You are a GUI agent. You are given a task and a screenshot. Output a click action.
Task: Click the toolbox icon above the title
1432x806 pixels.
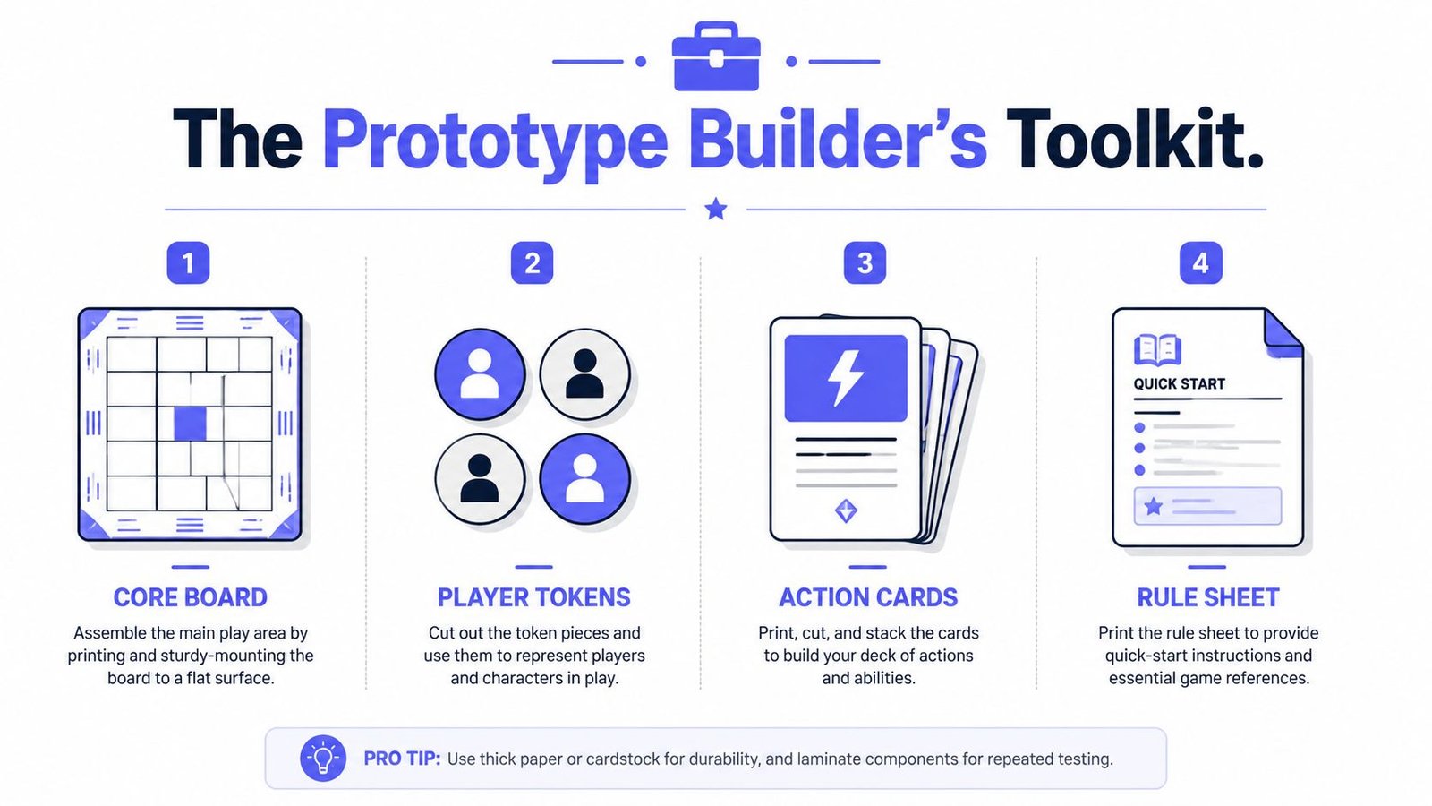pyautogui.click(x=716, y=56)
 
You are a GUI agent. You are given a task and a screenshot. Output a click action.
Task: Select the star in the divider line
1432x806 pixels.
pyautogui.click(x=715, y=209)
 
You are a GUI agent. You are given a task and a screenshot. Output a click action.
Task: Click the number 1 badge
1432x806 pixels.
pyautogui.click(x=188, y=262)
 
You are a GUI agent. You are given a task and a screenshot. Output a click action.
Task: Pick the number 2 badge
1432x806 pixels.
pyautogui.click(x=532, y=262)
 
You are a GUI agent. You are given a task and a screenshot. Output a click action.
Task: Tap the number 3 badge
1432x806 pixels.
pyautogui.click(x=865, y=262)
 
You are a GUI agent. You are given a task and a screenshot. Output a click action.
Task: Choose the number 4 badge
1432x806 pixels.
pyautogui.click(x=1200, y=262)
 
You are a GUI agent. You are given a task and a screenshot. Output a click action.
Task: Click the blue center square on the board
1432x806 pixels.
pyautogui.click(x=190, y=424)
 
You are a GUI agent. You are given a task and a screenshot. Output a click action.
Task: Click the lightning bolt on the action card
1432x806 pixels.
pyautogui.click(x=845, y=378)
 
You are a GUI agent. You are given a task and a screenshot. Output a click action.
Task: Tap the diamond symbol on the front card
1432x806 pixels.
pyautogui.click(x=846, y=510)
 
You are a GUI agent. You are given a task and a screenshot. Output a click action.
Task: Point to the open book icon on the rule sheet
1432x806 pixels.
pyautogui.click(x=1157, y=350)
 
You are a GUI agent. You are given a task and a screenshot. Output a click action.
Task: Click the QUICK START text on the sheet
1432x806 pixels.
pyautogui.click(x=1179, y=384)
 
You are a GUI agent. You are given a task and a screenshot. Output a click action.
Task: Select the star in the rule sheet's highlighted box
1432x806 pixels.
pyautogui.click(x=1154, y=507)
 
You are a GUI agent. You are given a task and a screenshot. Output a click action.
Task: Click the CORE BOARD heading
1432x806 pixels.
pyautogui.click(x=190, y=597)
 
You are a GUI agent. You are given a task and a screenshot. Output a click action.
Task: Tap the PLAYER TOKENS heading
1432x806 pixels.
pyautogui.click(x=533, y=597)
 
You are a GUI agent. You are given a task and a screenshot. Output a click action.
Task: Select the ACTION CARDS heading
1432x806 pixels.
pyautogui.click(x=868, y=597)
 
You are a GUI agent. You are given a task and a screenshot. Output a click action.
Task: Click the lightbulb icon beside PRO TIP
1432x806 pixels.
pyautogui.click(x=323, y=758)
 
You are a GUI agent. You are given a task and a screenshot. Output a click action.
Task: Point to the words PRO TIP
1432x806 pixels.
pyautogui.click(x=402, y=759)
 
